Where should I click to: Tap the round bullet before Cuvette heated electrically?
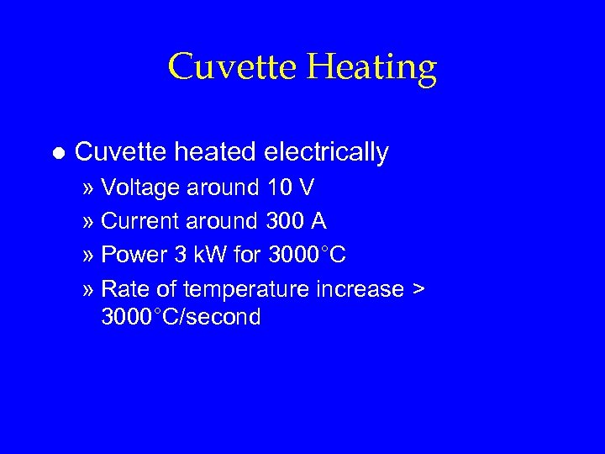tap(56, 153)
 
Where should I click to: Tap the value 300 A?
tap(296, 221)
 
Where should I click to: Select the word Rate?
tap(124, 288)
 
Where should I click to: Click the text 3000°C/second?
tap(181, 317)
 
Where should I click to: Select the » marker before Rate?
tap(89, 289)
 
